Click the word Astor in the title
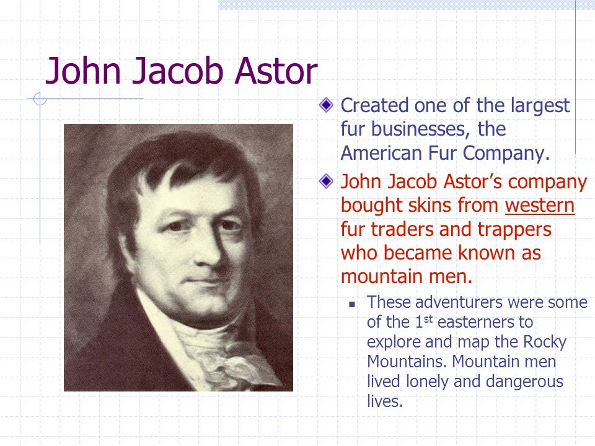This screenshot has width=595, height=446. pos(276,71)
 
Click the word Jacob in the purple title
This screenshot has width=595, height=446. pos(177,71)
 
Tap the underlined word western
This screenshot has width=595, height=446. pos(540,206)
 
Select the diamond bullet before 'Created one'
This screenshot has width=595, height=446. pos(326,105)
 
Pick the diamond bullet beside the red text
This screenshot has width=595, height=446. pos(326,181)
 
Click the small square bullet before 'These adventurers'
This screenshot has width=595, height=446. pos(352,304)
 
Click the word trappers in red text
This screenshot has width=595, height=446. pos(514,229)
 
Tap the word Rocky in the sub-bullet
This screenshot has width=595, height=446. pos(545,342)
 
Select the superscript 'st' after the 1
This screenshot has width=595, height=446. pos(428,318)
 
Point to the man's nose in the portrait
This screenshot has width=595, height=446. pos(209,250)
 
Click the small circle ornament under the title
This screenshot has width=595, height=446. pos(40,99)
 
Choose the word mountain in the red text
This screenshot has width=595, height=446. pos(382,277)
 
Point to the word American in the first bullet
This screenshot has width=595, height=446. pos(381,153)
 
